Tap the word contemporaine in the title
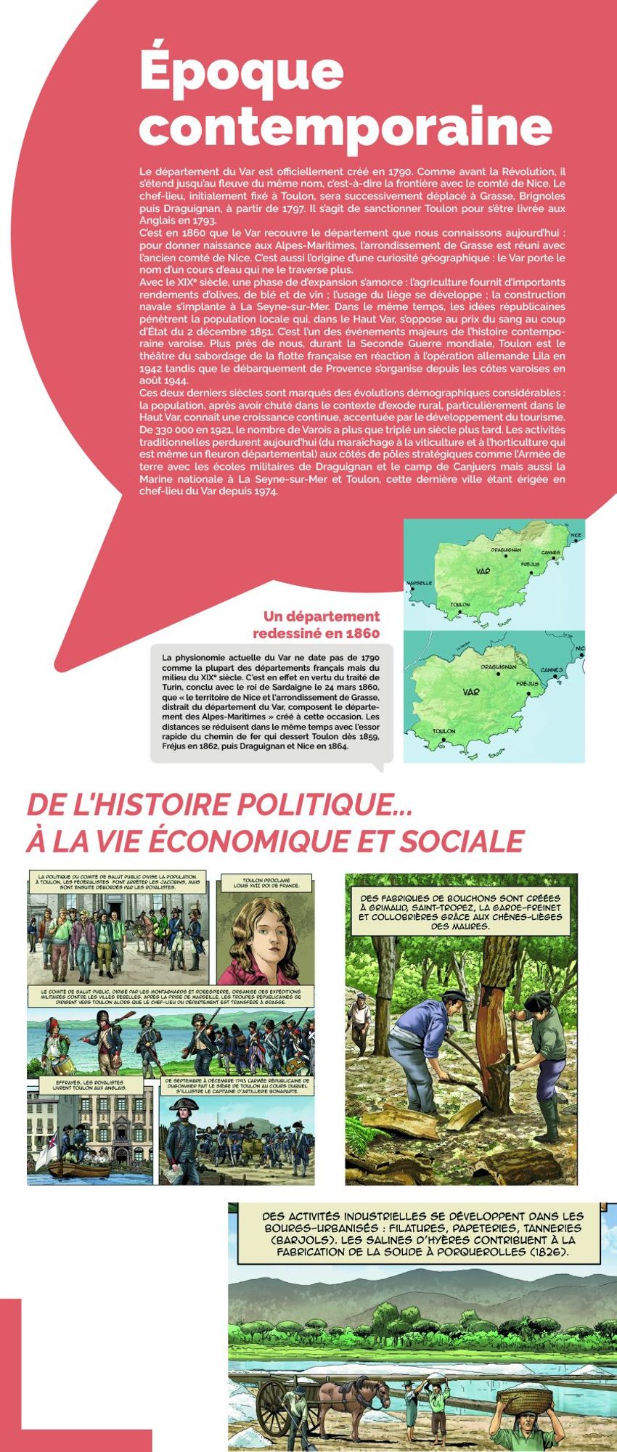[345, 126]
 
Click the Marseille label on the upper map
[420, 583]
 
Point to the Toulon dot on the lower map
[443, 740]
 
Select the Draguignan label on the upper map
[505, 550]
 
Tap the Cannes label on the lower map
[551, 669]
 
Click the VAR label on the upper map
[483, 571]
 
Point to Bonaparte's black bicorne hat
[183, 1105]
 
